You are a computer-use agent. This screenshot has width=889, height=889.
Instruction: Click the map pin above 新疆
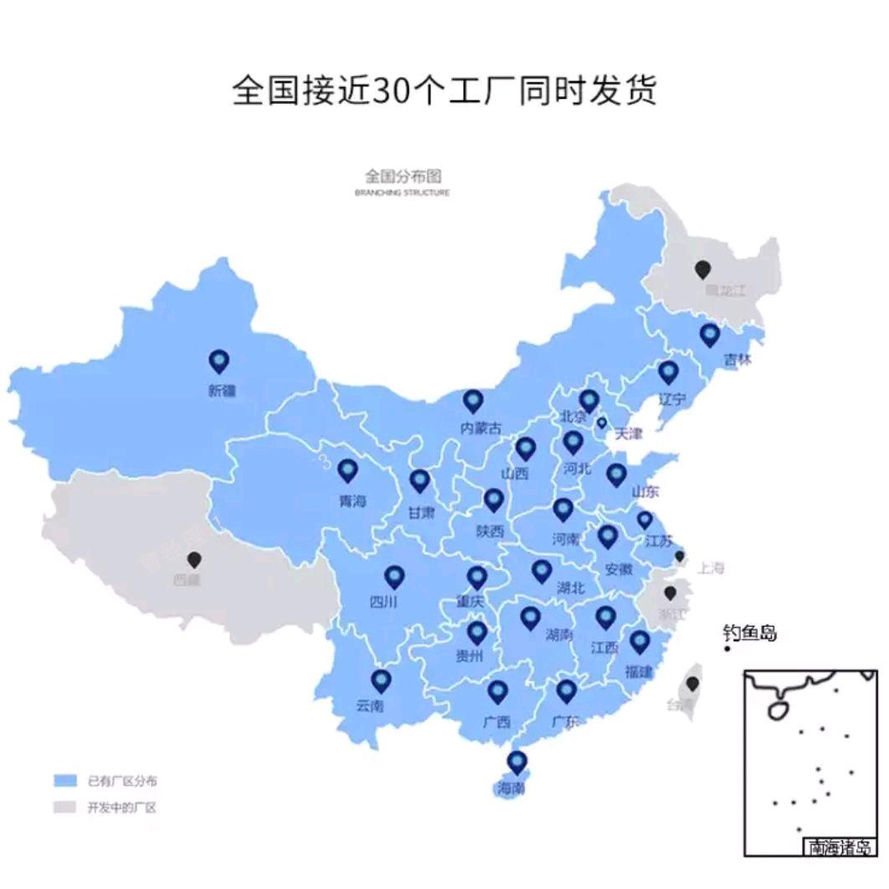pos(219,361)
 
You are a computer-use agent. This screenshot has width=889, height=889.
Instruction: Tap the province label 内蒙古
pos(481,429)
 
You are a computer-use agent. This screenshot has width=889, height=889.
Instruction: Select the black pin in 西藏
pos(195,559)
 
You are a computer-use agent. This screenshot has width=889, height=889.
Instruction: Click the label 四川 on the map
pos(383,602)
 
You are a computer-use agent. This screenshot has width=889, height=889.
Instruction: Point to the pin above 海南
pos(517,762)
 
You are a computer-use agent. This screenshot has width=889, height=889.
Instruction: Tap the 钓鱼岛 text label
pos(750,633)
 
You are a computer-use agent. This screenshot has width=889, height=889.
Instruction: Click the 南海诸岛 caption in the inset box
pos(840,847)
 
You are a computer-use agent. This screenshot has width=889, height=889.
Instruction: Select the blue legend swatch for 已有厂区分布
pos(64,781)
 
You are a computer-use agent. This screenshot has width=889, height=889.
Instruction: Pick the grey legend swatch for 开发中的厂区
pos(64,808)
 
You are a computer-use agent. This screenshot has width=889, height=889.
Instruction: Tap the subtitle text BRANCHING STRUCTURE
pos(402,193)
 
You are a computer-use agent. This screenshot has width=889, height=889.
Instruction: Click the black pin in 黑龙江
pos(703,269)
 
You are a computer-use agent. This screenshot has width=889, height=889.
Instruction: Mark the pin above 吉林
pos(710,335)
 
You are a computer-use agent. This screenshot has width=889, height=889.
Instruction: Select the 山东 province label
pos(645,491)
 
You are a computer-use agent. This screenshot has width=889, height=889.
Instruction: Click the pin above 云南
pos(382,681)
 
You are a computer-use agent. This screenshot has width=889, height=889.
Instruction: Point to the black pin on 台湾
pos(692,683)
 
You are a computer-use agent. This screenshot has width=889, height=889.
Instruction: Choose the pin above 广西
pos(498,691)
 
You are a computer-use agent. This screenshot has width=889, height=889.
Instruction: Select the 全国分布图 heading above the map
pos(402,176)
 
